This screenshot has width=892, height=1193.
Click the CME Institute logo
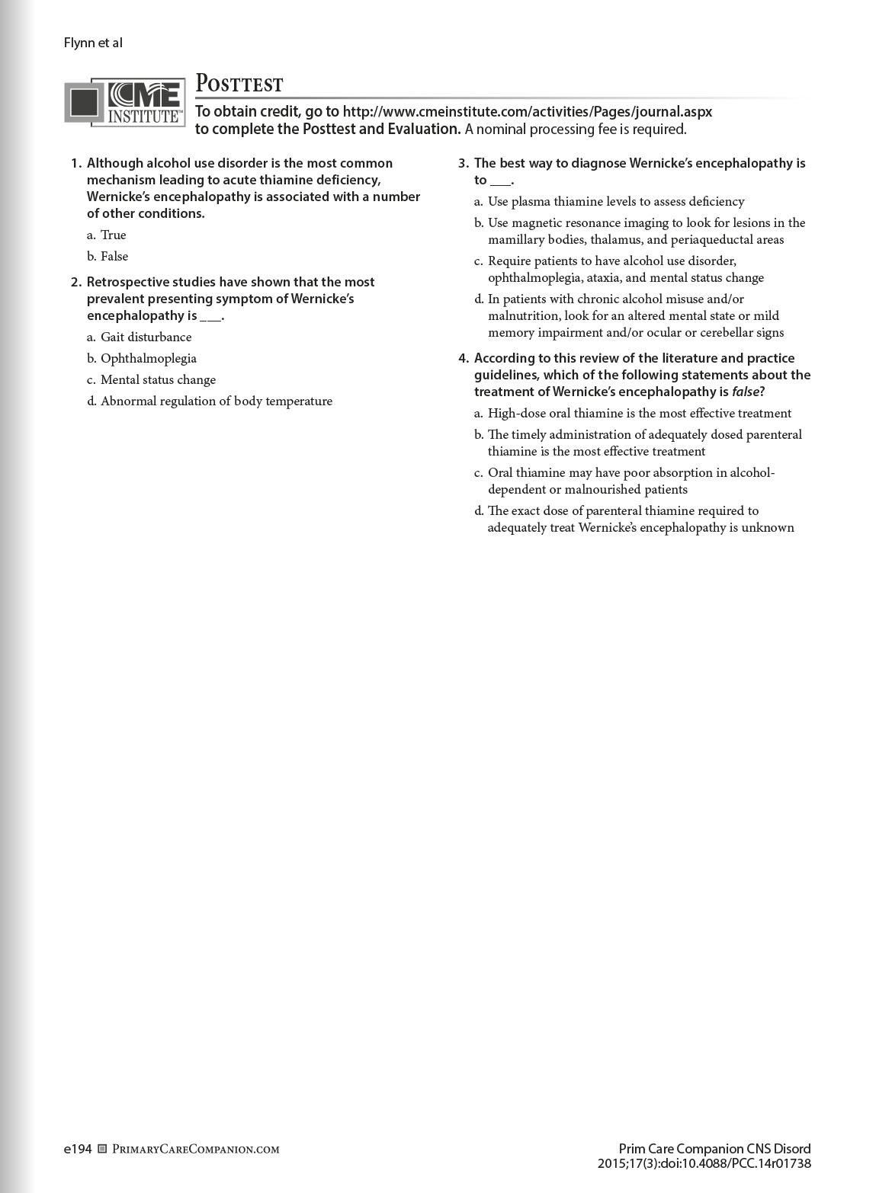125,101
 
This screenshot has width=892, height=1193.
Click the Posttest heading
239,83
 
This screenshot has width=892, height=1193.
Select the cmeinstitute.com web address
527,111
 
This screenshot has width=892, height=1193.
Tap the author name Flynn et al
93,43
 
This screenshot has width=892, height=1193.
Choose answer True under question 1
113,235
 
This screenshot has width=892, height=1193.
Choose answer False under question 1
114,256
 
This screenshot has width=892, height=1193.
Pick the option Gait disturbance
146,337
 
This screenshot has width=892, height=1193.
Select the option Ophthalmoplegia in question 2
148,358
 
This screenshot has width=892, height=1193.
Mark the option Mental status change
158,379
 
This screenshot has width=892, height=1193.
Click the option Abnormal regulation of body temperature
216,401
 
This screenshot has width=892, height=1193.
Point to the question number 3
463,163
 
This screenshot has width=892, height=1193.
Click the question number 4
463,358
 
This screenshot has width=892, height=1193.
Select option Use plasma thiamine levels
616,201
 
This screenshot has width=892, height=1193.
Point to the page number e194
78,1149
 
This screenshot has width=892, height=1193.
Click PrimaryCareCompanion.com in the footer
196,1149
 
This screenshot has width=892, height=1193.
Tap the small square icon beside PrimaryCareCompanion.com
103,1149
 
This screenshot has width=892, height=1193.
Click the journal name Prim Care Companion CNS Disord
714,1149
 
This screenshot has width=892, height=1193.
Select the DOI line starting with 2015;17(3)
704,1163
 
